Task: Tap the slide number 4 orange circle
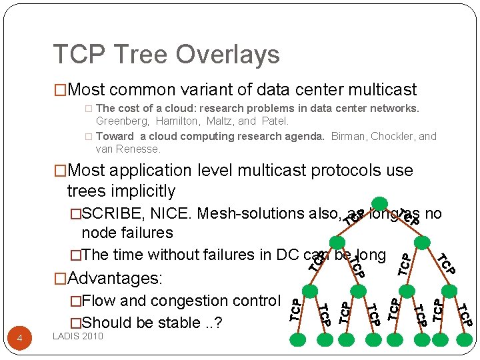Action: coord(19,339)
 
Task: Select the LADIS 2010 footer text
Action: coord(78,336)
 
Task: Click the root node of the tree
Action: coord(379,203)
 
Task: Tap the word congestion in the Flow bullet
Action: coord(191,301)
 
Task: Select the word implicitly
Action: coord(142,191)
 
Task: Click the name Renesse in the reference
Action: coord(139,149)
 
